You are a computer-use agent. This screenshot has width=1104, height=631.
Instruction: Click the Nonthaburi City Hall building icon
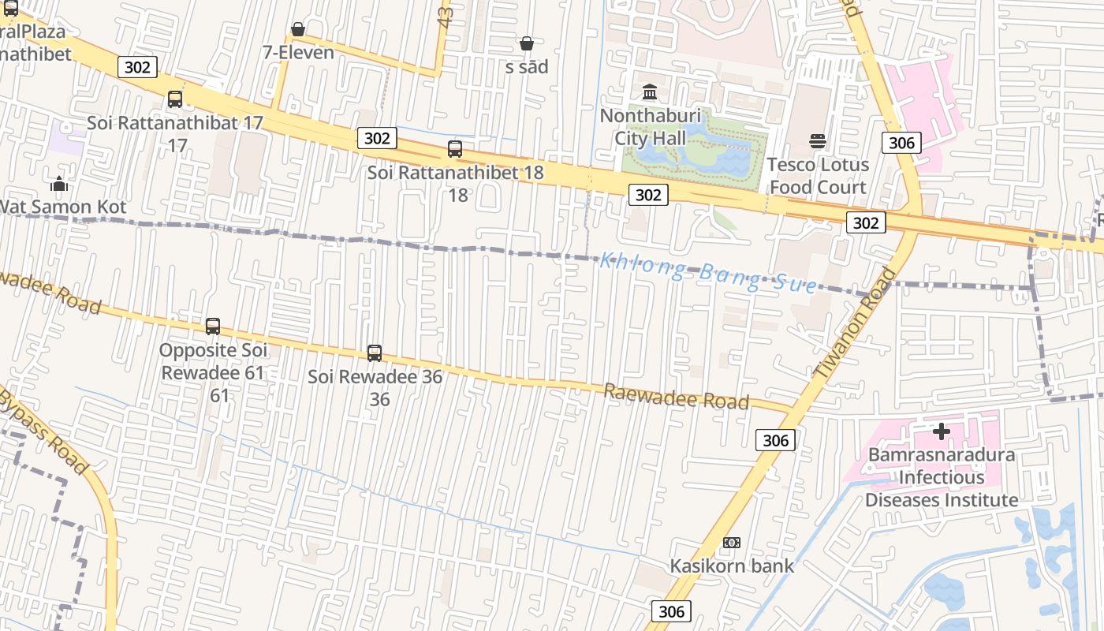tap(650, 91)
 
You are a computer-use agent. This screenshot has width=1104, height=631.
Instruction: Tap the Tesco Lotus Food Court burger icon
tap(818, 141)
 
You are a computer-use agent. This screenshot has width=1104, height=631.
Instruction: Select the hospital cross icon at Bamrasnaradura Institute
tap(941, 431)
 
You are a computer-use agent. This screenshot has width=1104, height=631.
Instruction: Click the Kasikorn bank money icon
tap(732, 543)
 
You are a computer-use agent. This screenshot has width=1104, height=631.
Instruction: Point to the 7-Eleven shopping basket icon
tap(298, 30)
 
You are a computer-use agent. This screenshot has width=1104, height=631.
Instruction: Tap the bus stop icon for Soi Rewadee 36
tap(375, 353)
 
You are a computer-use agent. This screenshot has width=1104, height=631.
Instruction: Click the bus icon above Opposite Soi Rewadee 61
tap(213, 326)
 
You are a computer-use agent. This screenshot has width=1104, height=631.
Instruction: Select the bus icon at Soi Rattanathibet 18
tap(455, 149)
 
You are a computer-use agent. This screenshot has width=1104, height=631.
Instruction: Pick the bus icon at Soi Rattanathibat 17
tap(175, 99)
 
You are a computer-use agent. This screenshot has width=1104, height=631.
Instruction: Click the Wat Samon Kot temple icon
tap(59, 185)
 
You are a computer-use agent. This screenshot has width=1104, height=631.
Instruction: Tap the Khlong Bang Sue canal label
tap(707, 272)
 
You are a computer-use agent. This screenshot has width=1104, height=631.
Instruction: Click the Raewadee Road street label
tap(676, 397)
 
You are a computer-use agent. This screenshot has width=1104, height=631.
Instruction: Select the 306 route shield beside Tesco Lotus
tap(901, 142)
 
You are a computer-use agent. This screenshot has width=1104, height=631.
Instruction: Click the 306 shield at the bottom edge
tap(671, 611)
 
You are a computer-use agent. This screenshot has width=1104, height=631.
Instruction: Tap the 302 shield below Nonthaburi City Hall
tap(648, 195)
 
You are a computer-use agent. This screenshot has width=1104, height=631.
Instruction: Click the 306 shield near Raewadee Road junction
tap(775, 440)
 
